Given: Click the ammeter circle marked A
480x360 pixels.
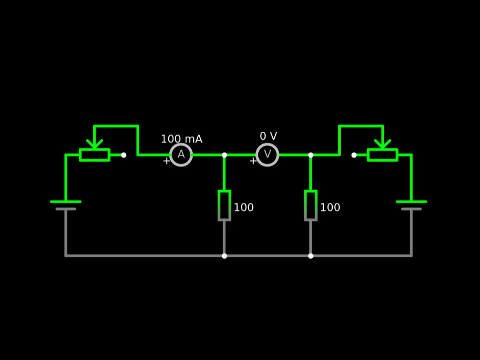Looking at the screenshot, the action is pos(181,155).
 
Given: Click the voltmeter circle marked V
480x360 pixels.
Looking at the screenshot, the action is pos(267,155).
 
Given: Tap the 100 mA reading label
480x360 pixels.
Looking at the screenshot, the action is pos(181,139).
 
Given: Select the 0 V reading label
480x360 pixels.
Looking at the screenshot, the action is pos(269,136).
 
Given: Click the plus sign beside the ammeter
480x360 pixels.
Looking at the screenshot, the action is pos(166,161).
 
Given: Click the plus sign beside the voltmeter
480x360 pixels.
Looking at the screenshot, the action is pos(253,161).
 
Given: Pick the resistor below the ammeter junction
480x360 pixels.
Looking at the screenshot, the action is pos(225,205).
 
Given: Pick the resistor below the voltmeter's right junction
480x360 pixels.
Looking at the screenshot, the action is pos(311,205).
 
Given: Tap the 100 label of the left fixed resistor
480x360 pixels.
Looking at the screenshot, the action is pos(244,208).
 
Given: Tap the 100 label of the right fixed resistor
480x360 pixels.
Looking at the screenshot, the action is pos(330,208).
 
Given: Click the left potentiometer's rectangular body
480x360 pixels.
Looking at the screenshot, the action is pos(95,155).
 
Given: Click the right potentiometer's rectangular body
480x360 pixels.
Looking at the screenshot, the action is pos(382,155).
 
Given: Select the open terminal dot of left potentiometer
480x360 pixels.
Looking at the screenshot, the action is pos(124,155).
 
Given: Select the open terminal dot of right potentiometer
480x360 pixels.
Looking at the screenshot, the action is pos(354,155).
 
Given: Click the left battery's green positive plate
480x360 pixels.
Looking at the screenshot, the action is pos(66,202).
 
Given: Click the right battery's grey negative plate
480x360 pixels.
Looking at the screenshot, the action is pos(412,209).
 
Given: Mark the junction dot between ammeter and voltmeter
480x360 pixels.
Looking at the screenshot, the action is pos(225,155).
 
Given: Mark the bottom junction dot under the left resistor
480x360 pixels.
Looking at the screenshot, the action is pos(225,256).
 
